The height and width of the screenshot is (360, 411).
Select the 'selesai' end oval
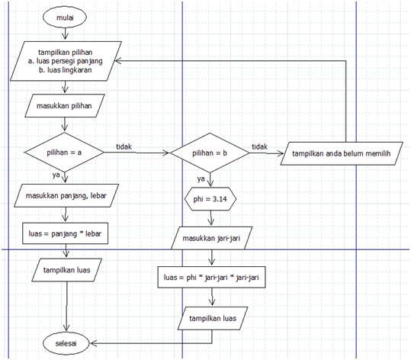pyautogui.click(x=66, y=342)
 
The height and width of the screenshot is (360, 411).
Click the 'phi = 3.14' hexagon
pyautogui.click(x=208, y=199)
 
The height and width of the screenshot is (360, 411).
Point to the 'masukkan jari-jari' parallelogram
pyautogui.click(x=212, y=238)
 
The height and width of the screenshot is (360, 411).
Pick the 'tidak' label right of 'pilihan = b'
pyautogui.click(x=260, y=146)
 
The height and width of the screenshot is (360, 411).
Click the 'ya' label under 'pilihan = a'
pyautogui.click(x=56, y=176)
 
